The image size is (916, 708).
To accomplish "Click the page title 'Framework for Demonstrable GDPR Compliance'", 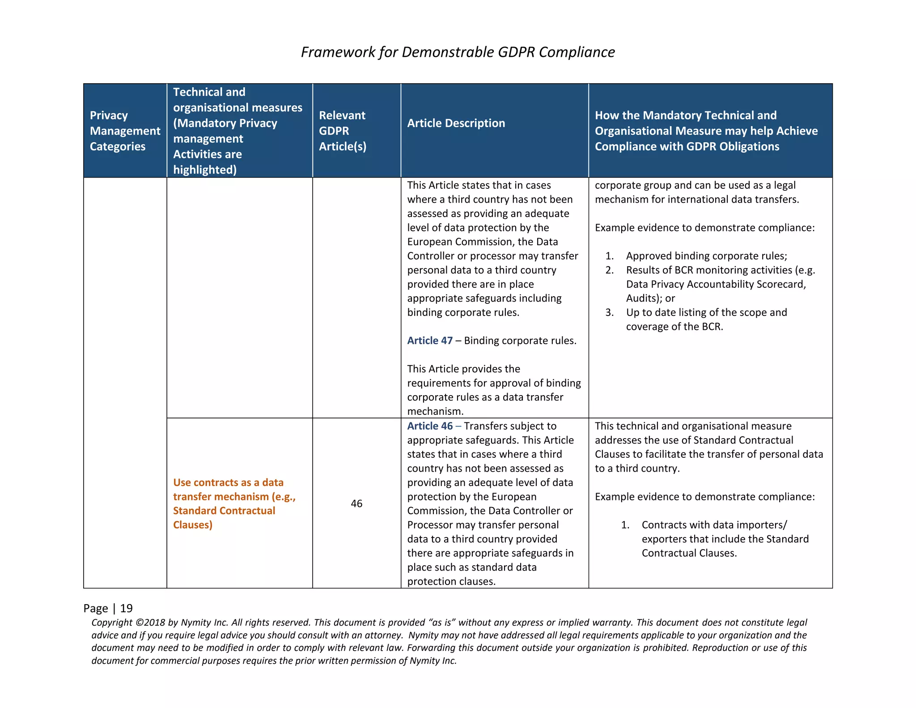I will (458, 52).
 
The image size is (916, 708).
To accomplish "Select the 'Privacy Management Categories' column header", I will (124, 131).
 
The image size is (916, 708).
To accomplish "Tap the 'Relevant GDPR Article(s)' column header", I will (342, 131).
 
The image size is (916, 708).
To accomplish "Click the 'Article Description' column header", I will (456, 123).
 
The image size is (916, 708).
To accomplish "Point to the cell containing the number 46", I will (356, 503).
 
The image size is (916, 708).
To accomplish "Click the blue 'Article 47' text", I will (430, 341).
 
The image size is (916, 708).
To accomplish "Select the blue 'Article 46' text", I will (430, 426).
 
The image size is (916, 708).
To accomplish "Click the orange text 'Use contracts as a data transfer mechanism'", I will (228, 490).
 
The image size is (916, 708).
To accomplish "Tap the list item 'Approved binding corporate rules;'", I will (706, 256).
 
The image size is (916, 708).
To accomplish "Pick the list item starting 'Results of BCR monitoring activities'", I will (720, 270).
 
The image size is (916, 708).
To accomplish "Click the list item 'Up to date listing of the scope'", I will (706, 312).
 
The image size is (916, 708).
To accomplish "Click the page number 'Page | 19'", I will (108, 608).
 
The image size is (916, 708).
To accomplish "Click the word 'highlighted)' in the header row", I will (205, 170).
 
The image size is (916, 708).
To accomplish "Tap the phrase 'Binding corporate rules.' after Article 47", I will (520, 341).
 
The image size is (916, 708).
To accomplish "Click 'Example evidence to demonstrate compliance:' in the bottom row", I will (704, 497).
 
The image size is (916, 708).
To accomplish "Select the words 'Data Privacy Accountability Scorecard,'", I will (716, 284).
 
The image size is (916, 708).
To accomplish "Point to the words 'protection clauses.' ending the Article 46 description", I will (451, 581).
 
